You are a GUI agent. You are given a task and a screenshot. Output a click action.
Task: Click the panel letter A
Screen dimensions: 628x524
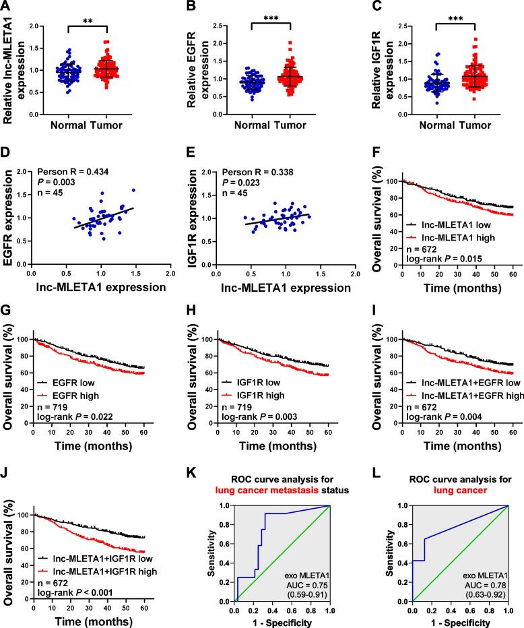point(6,7)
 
